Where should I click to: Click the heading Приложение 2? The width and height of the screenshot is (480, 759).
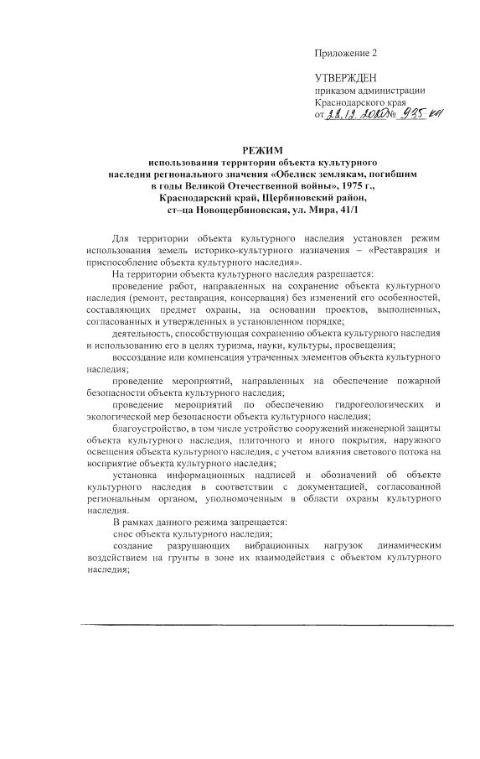[x=346, y=54]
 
